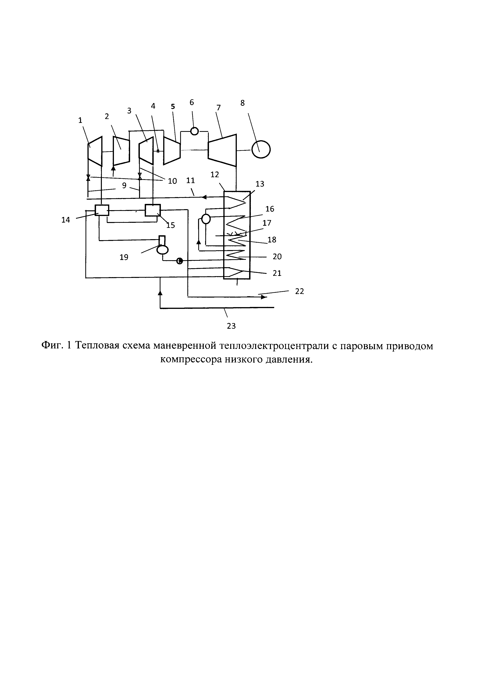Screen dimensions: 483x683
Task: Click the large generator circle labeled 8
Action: pos(261,149)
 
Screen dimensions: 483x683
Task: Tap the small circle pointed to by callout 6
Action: pos(195,131)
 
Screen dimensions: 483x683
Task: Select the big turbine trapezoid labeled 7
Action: pos(222,150)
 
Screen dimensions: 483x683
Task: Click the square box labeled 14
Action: pos(102,210)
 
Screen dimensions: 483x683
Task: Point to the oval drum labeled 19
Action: pos(162,249)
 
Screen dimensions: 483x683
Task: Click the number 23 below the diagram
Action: pos(231,326)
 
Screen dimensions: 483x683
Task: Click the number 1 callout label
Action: pos(80,120)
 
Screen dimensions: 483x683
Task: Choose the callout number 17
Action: pos(267,223)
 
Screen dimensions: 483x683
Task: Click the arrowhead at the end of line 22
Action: pos(264,297)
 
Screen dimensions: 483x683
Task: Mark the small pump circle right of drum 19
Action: pos(179,261)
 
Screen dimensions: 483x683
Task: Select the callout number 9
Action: pos(124,185)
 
